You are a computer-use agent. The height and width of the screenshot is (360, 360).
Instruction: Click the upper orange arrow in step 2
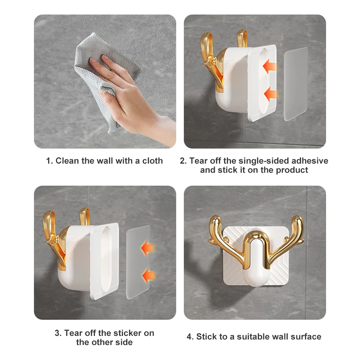[x=269, y=66]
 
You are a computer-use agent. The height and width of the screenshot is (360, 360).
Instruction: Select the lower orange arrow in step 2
[x=271, y=94]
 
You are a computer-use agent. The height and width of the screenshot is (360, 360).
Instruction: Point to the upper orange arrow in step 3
[x=148, y=248]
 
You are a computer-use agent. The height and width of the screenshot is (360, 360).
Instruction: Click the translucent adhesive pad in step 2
[x=296, y=84]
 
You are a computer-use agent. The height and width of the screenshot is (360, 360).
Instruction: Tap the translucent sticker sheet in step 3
[x=138, y=262]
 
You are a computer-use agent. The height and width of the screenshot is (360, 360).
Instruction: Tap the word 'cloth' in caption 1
[x=152, y=161]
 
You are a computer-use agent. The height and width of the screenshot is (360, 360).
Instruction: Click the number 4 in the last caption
[x=189, y=337]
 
